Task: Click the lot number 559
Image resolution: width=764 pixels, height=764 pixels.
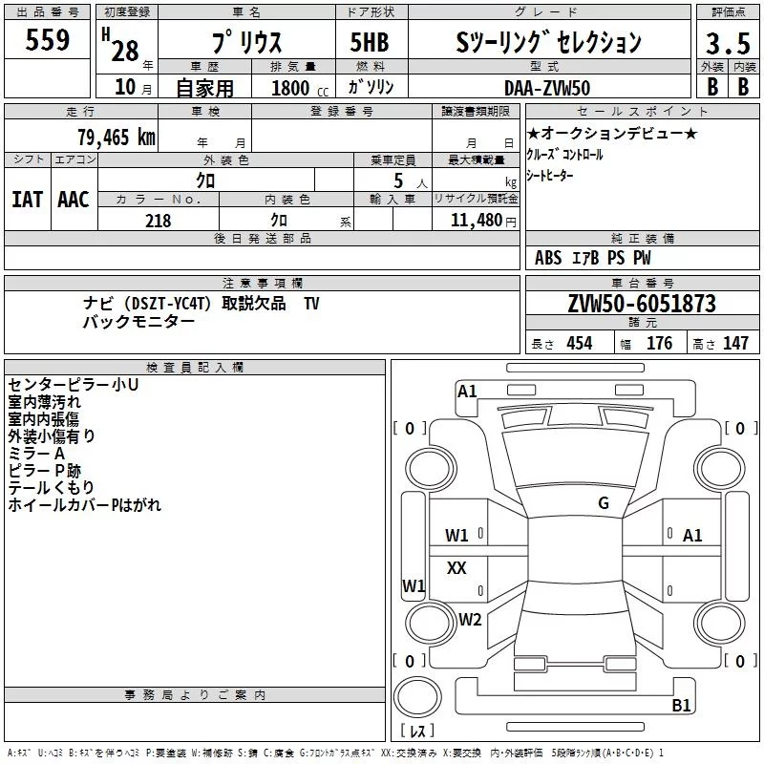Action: pos(48,41)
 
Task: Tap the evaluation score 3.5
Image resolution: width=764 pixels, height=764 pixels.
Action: pos(727,43)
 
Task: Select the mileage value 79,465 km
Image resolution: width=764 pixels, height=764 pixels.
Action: pos(116,137)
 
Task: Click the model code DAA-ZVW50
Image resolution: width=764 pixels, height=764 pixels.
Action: pos(547,87)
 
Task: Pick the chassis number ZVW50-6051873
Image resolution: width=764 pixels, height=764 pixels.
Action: pos(641,304)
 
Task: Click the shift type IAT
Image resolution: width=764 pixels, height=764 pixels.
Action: pos(27,199)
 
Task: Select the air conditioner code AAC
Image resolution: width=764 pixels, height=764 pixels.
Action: pos(73,199)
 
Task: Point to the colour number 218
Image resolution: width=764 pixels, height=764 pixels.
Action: pos(158,221)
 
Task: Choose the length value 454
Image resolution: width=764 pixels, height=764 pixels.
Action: pos(579,343)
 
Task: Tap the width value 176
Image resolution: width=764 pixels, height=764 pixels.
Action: pos(659,343)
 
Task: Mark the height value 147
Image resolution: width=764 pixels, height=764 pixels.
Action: pos(734,343)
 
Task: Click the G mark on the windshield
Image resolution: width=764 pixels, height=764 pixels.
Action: pos(603,503)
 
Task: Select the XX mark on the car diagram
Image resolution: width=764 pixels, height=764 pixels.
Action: pos(456,568)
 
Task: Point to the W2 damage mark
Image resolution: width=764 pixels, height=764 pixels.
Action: pos(470,619)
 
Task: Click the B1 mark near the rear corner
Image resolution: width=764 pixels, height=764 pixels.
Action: pos(681,706)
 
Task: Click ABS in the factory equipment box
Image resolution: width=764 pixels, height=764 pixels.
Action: pos(548,258)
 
